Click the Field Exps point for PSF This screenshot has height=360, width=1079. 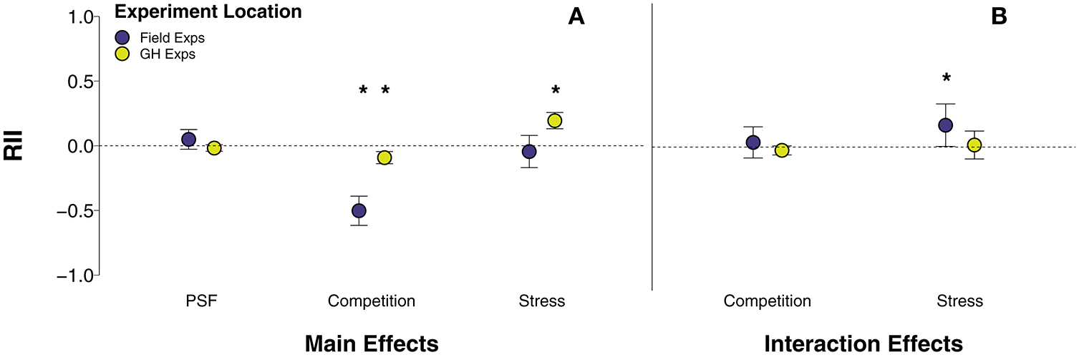pyautogui.click(x=188, y=139)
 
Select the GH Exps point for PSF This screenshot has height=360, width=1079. pyautogui.click(x=213, y=148)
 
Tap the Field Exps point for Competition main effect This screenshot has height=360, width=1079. pyautogui.click(x=359, y=210)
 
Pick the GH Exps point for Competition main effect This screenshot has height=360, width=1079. pyautogui.click(x=384, y=157)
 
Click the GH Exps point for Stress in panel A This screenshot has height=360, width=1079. pyautogui.click(x=555, y=120)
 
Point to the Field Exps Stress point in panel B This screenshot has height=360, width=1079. pyautogui.click(x=945, y=125)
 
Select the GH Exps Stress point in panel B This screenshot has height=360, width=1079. pyautogui.click(x=974, y=145)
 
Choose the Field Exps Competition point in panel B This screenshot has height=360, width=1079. pyautogui.click(x=753, y=142)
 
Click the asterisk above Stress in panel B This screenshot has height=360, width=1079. pyautogui.click(x=946, y=79)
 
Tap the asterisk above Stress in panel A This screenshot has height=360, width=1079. pyautogui.click(x=555, y=91)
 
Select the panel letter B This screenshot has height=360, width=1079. pyautogui.click(x=999, y=18)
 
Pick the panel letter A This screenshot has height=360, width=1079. pyautogui.click(x=576, y=18)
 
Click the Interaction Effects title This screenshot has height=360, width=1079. pyautogui.click(x=863, y=344)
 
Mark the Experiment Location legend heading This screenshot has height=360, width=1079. pyautogui.click(x=208, y=12)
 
